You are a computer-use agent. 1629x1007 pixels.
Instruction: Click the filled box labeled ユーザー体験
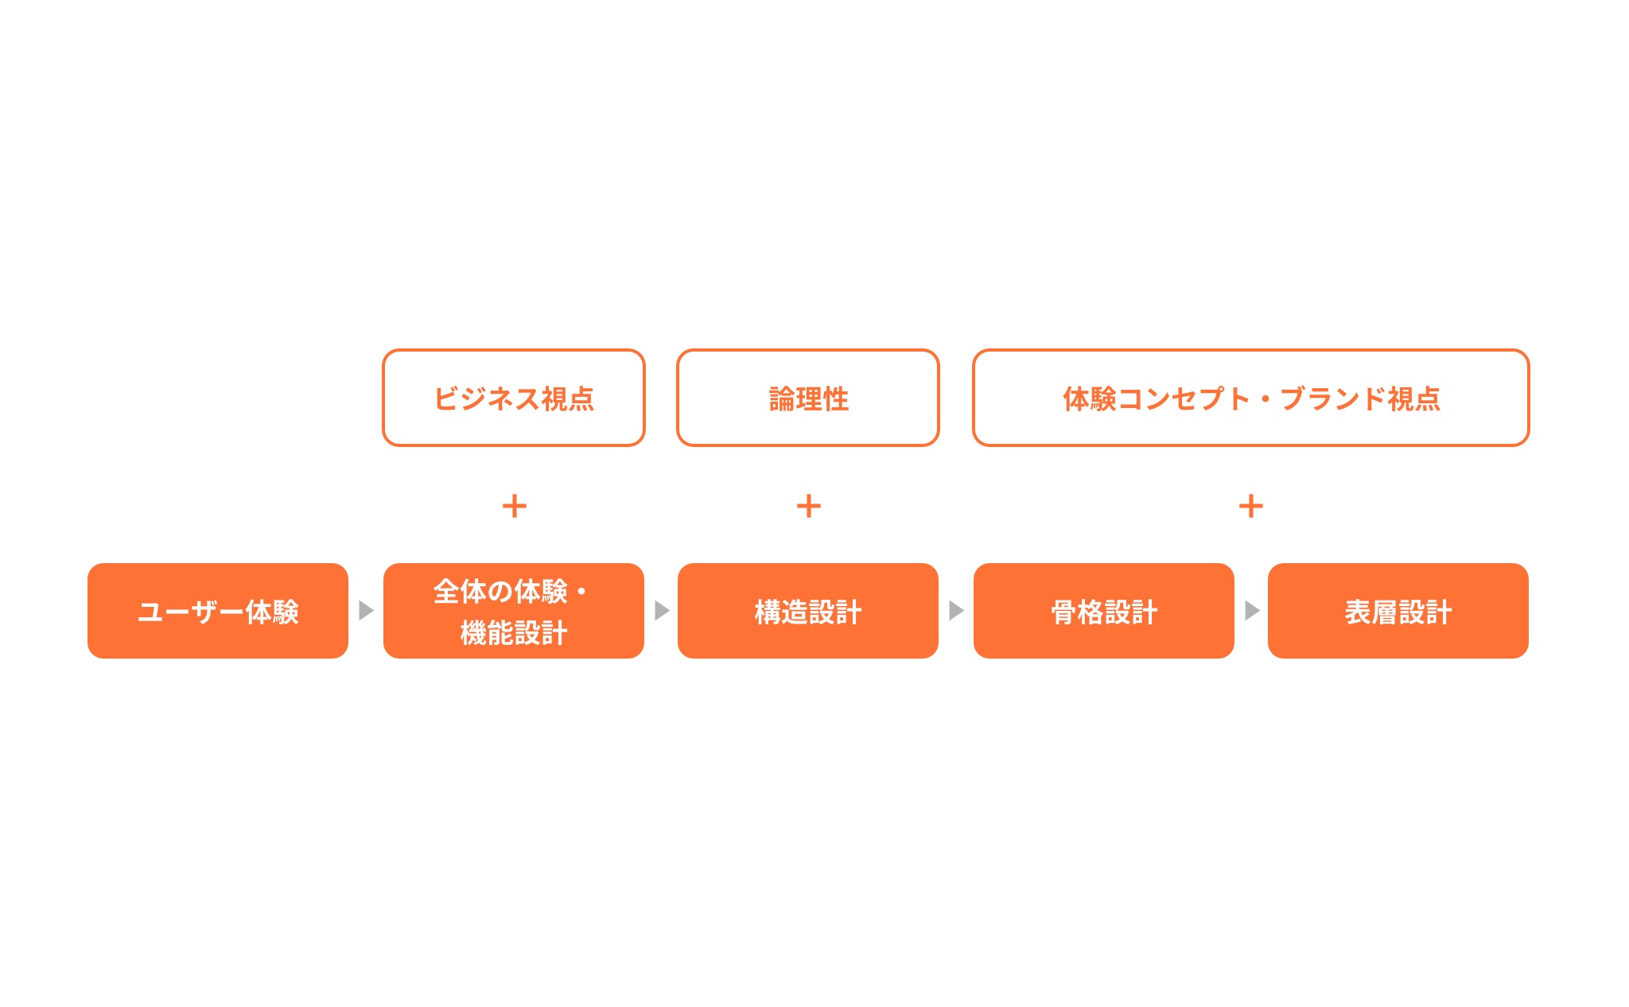[218, 611]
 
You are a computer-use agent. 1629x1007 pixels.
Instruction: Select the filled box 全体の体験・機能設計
[514, 611]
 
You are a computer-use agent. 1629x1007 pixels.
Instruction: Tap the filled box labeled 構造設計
[808, 611]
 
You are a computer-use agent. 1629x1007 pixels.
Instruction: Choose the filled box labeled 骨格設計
[1104, 611]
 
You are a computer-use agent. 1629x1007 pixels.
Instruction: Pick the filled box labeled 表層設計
[1398, 611]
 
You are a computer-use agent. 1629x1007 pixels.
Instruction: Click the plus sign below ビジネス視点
[515, 506]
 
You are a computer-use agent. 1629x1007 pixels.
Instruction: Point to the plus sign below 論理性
[809, 506]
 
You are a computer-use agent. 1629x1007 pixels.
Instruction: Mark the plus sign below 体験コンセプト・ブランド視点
[1251, 506]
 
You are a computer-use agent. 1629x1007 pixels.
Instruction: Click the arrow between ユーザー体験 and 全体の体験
[366, 610]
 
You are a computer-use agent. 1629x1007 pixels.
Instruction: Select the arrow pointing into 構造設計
[662, 610]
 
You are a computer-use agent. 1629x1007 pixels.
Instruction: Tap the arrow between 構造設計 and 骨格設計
[956, 610]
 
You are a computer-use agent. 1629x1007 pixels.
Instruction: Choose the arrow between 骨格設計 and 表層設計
[1252, 610]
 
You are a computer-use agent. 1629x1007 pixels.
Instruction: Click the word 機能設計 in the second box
[514, 633]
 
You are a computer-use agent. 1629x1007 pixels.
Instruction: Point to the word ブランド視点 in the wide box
[1360, 399]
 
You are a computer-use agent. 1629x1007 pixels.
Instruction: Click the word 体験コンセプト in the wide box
[1157, 399]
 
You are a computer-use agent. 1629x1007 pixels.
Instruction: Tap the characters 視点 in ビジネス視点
[568, 399]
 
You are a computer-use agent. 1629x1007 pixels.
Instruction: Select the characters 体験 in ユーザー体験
[272, 612]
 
